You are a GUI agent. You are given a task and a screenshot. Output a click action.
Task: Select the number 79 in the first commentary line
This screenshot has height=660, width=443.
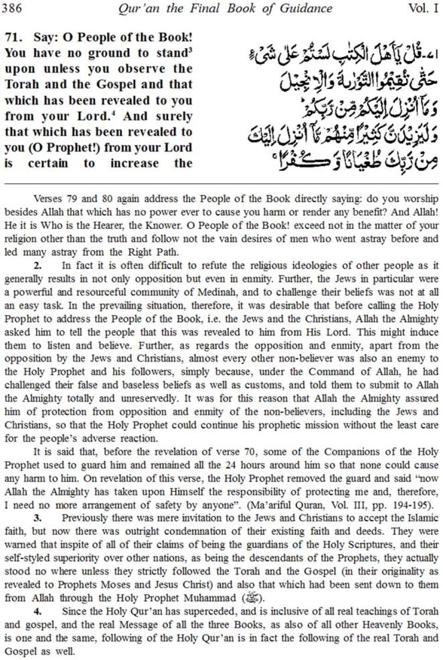(89, 199)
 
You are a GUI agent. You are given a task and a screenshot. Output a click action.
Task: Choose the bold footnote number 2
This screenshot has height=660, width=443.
(38, 265)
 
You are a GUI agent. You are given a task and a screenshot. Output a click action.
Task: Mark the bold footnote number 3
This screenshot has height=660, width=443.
(38, 518)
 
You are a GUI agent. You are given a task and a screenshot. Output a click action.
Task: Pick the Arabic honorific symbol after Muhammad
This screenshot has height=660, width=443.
(254, 599)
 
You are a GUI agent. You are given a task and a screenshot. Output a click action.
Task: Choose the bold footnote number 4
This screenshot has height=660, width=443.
(38, 612)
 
